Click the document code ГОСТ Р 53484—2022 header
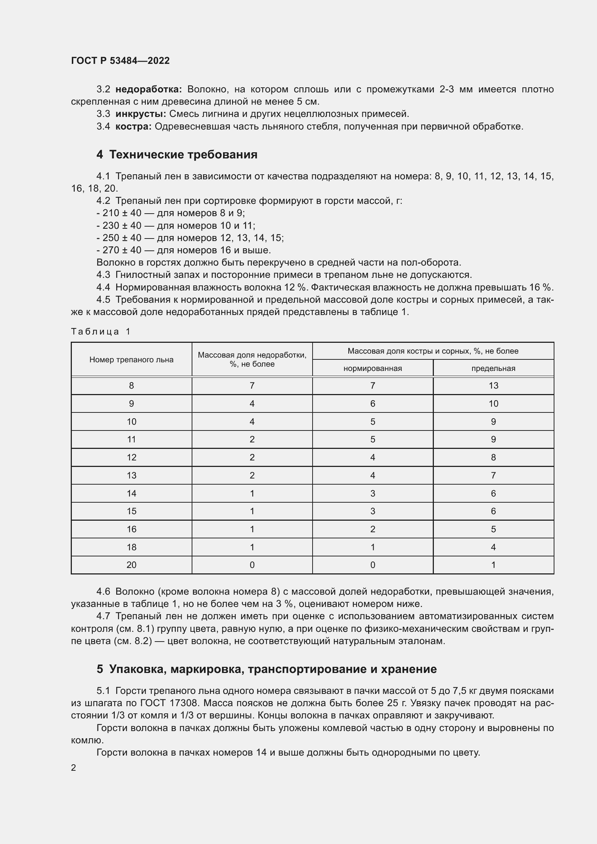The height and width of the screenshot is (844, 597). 120,61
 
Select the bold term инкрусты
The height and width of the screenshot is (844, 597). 141,114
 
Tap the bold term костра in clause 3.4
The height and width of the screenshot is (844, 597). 134,126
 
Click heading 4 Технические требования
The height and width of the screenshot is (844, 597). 177,154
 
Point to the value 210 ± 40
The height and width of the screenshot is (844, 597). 122,213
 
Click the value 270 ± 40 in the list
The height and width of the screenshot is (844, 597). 122,250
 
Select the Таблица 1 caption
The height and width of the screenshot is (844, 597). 101,332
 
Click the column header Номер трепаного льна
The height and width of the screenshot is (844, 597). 131,360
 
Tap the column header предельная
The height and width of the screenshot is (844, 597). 493,368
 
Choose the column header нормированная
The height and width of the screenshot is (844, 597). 372,368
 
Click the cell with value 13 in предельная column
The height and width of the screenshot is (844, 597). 493,386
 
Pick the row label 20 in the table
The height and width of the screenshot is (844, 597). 131,565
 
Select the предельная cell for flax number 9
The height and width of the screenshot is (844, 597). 493,404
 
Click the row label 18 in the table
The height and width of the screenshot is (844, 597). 131,547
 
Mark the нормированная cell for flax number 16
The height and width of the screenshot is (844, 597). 372,529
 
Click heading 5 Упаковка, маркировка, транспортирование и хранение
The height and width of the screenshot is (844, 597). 266,669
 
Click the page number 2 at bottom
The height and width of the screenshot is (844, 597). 74,768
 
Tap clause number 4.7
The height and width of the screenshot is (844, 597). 103,616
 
